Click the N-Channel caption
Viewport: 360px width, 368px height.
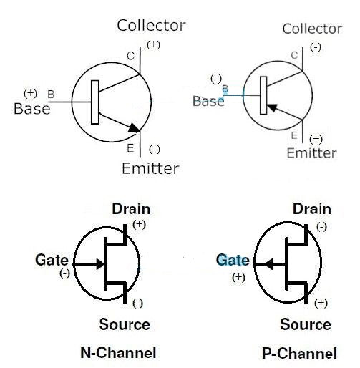point(118,352)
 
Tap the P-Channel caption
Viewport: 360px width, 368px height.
point(299,353)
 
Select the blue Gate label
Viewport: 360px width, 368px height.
point(233,260)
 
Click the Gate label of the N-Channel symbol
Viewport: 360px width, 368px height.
point(52,260)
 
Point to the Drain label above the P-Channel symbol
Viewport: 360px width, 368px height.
point(312,209)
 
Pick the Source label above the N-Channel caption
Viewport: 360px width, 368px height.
point(125,324)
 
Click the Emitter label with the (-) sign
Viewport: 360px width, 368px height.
point(150,168)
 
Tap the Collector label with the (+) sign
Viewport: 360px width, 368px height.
point(151,26)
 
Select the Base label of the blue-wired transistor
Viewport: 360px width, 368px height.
point(208,101)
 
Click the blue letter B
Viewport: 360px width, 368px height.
point(225,89)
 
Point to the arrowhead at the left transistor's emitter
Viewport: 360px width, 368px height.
point(134,127)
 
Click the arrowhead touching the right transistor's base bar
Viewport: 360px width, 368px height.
point(272,108)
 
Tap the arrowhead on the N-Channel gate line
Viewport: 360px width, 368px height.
point(100,264)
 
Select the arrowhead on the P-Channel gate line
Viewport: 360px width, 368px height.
point(269,264)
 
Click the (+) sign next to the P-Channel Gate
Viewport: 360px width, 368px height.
point(238,277)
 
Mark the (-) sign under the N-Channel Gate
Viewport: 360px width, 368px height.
point(64,273)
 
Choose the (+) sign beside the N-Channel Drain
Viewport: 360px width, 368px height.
point(139,224)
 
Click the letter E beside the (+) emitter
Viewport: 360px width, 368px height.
point(294,135)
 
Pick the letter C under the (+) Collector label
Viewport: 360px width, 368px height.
point(130,57)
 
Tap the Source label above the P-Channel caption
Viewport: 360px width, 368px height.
point(306,324)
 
